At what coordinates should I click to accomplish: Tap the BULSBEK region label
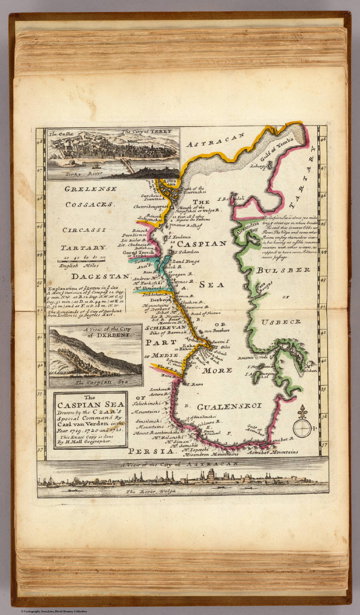284,270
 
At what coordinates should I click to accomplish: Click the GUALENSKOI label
229,406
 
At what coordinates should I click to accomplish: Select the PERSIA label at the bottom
153,451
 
